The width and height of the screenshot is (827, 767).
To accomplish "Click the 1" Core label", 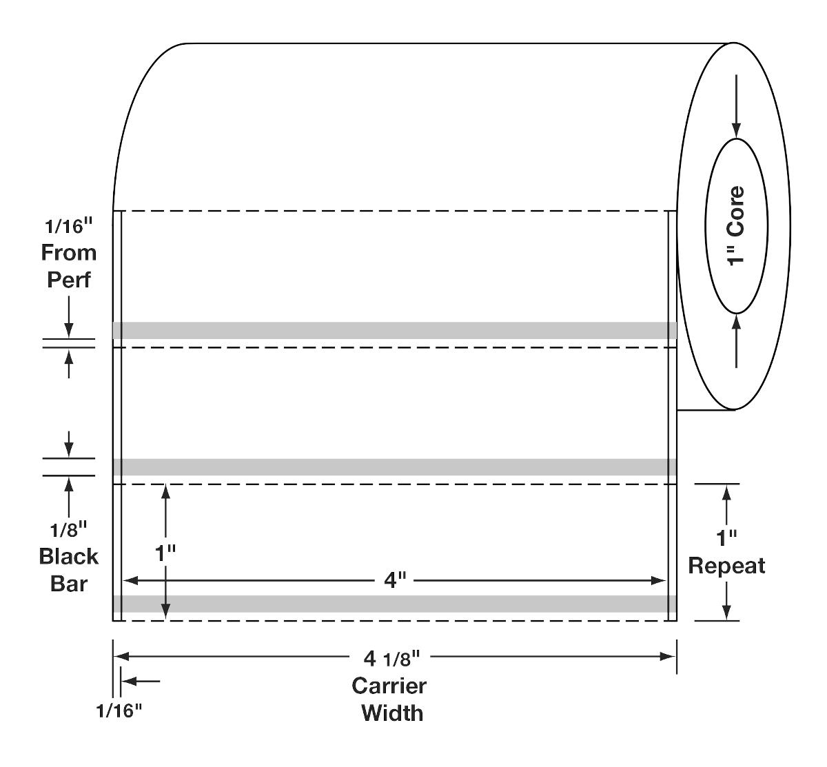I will point(737,225).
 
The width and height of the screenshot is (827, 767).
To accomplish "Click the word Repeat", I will point(726,566).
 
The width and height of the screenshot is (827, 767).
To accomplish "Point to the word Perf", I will point(69,280).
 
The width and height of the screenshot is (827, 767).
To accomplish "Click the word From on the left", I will point(69,253).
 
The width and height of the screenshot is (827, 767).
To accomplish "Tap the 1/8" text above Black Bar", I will point(69,530).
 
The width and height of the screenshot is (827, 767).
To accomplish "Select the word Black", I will point(69,556).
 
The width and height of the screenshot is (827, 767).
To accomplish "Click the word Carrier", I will point(389,686).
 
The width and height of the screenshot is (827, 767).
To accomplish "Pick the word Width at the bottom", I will point(392,713).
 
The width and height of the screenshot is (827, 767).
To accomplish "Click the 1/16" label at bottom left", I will point(119,710).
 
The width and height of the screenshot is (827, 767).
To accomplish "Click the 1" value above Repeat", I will point(726,538).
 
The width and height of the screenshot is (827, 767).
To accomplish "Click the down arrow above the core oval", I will point(737,127).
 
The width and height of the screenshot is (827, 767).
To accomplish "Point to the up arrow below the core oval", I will point(737,324).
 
